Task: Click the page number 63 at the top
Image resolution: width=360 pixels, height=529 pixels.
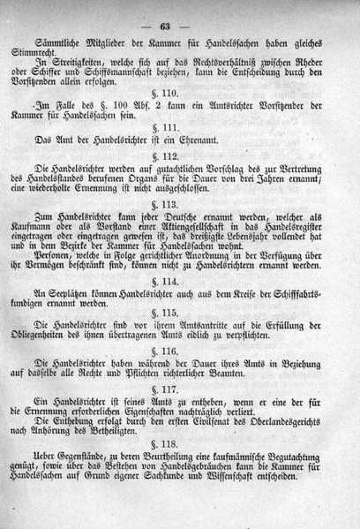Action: coord(189,11)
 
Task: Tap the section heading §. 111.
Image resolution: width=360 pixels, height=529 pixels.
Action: coord(188,149)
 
